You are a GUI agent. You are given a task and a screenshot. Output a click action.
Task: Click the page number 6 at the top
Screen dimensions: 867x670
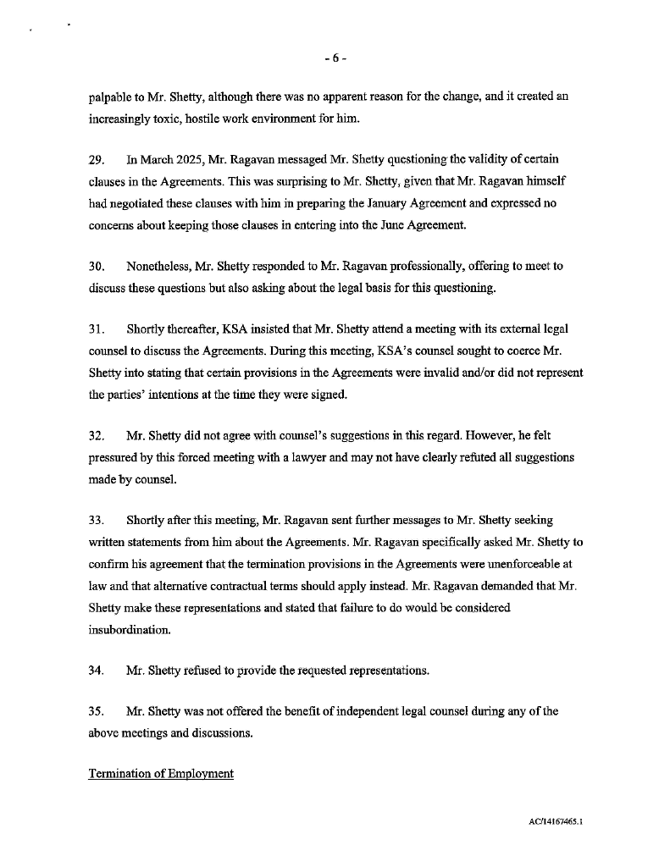tap(335, 58)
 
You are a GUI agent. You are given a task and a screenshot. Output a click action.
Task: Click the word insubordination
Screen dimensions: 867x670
tap(129, 630)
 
